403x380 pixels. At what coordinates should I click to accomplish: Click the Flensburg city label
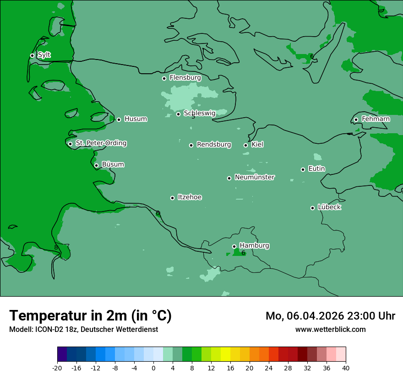click(185, 78)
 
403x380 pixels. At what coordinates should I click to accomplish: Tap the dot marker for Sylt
click(32, 55)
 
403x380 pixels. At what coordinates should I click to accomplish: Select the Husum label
click(136, 119)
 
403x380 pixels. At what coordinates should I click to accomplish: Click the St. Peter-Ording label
click(101, 143)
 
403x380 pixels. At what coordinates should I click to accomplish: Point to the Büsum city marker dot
click(96, 165)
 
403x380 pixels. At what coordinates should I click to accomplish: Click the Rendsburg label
click(214, 145)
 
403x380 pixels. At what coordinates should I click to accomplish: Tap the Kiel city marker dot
click(245, 145)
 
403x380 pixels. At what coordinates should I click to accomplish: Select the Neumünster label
click(255, 177)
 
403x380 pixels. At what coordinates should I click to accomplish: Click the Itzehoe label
click(190, 197)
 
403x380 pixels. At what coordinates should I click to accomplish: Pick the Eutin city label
click(316, 169)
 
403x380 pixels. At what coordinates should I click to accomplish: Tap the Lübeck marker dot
click(312, 208)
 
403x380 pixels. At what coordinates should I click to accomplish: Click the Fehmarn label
click(376, 119)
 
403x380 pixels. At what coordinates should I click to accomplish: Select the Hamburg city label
click(254, 246)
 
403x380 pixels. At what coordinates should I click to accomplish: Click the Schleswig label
click(199, 113)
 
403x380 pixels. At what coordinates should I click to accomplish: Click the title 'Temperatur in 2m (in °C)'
click(90, 315)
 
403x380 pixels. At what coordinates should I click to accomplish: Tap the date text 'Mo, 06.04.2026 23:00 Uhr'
click(330, 316)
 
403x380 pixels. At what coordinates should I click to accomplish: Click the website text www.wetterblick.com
click(330, 329)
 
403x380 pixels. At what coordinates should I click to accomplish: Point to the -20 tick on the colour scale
click(57, 368)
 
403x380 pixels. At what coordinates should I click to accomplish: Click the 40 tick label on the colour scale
click(345, 368)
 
